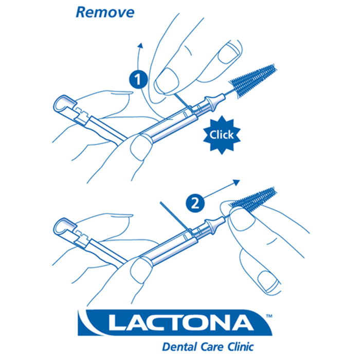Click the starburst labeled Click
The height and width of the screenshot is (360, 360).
point(221,135)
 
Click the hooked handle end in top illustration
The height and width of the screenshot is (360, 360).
point(61,103)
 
